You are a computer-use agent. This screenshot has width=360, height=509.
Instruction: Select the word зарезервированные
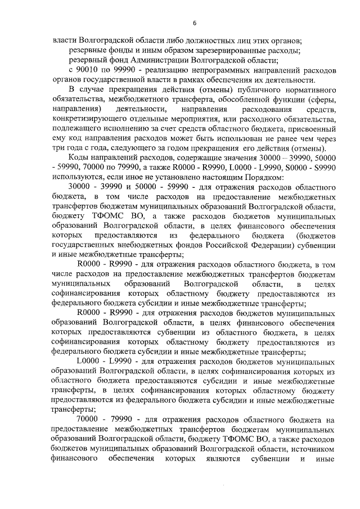pos(220,51)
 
